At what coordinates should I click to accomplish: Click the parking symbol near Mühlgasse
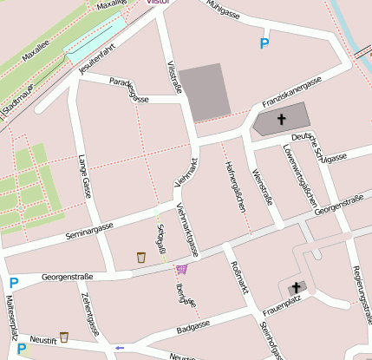pos(264,43)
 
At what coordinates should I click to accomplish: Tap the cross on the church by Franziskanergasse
pos(281,120)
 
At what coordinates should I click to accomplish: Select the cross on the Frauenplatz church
pos(296,287)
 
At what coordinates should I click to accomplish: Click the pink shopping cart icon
pos(181,269)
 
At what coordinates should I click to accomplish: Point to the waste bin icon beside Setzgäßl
pos(141,257)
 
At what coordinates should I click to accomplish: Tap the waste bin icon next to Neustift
pos(64,337)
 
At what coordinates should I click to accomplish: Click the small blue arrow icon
pos(120,348)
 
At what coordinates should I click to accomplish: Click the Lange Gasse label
pos(84,176)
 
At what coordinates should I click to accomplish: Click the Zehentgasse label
pos(89,313)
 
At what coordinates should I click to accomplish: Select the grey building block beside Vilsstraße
pos(205,91)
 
